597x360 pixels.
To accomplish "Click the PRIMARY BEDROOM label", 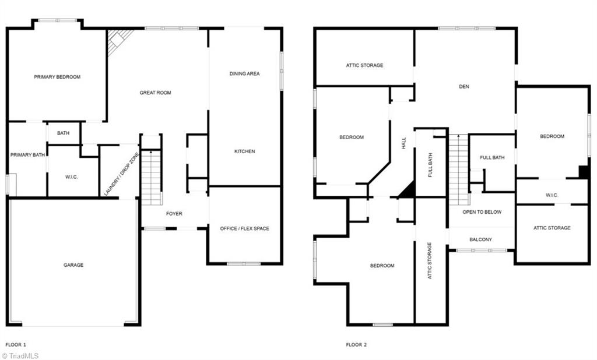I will tap(57, 77).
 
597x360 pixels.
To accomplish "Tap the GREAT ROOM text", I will tap(155, 93).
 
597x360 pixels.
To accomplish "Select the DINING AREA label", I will tap(244, 74).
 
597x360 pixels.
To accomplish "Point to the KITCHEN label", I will tap(244, 151).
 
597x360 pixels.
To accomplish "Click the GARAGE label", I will tap(73, 265).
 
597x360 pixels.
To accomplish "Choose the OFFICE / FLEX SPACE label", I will tap(244, 228).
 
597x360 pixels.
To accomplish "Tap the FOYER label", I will tap(174, 214).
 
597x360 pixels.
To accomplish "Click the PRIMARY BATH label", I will tap(27, 155).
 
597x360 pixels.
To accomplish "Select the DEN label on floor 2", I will tap(464, 87).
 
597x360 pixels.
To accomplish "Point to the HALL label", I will tap(403, 143).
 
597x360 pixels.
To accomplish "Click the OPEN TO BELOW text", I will tap(482, 212).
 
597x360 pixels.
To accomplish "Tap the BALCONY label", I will tap(481, 239).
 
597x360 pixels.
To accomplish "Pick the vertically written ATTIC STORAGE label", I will tap(430, 260).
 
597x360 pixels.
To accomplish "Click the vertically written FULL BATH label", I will tap(430, 165).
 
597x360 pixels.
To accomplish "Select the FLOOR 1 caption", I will tap(16, 345).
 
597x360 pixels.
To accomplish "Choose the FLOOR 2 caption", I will tap(356, 345).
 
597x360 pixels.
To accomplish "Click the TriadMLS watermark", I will tap(20, 355).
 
